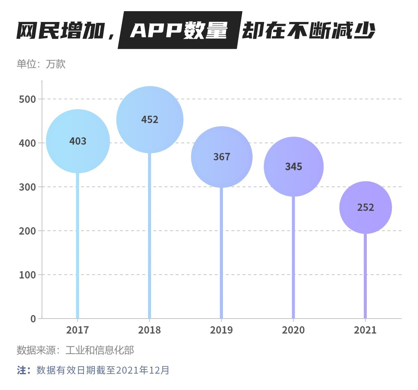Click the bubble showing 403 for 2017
point(78,141)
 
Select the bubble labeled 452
point(150,120)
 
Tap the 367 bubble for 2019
point(222,157)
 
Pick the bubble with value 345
point(294,167)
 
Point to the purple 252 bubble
point(365,207)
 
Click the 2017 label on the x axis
point(78,330)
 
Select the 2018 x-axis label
point(149,330)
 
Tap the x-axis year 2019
point(221,330)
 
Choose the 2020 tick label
point(293,330)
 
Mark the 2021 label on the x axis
point(365,330)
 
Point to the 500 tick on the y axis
point(28,99)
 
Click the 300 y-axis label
point(28,187)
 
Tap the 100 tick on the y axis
point(28,275)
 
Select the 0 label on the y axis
point(33,319)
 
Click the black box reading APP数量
point(179,30)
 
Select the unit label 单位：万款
point(41,64)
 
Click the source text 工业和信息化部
point(100,350)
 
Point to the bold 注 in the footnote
point(22,370)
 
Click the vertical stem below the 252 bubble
point(365,275)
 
